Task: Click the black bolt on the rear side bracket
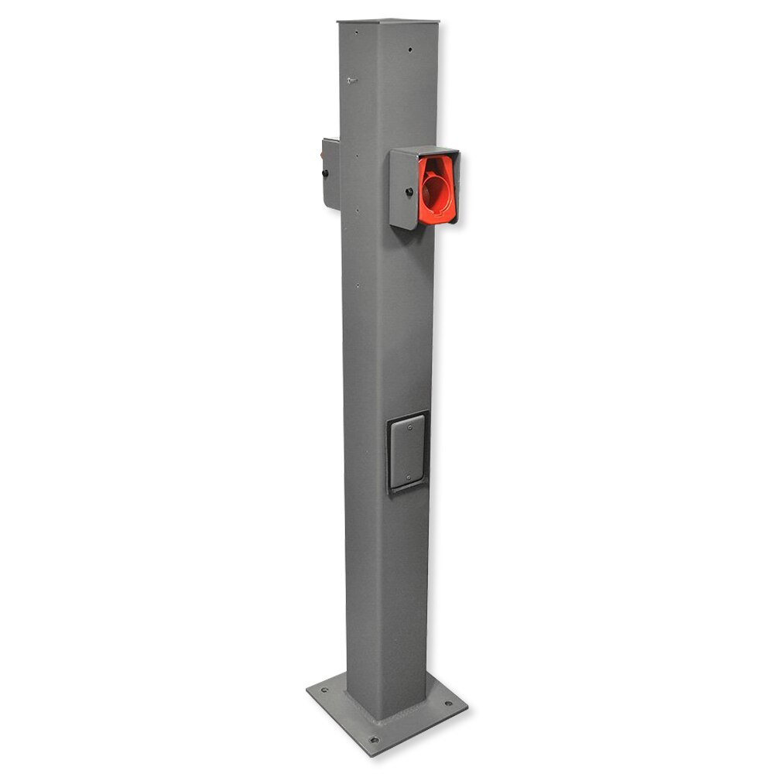pos(325,173)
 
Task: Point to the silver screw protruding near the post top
pos(351,80)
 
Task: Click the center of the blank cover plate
pos(407,452)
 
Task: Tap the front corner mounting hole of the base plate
pos(374,739)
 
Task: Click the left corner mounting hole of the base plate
pos(324,690)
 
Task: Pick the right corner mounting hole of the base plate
pos(447,705)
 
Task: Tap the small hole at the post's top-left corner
pos(356,33)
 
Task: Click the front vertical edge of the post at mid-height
pos(387,348)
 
